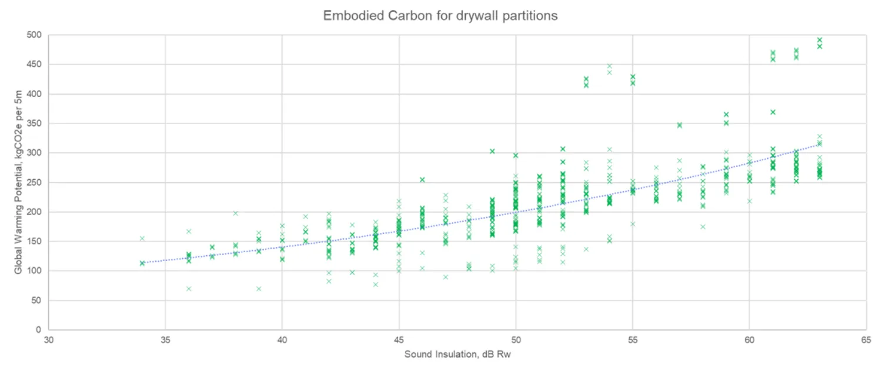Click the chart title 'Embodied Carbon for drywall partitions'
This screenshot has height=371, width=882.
[440, 16]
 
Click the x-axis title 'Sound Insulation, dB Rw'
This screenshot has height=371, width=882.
[457, 355]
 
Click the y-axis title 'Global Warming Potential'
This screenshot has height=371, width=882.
[18, 182]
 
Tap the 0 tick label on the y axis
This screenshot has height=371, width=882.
[38, 330]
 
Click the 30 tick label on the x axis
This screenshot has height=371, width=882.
[48, 340]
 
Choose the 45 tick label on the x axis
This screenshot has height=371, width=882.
[399, 340]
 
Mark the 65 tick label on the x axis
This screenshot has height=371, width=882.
[866, 340]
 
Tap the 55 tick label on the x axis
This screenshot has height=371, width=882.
[633, 340]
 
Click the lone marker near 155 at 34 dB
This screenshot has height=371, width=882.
[142, 238]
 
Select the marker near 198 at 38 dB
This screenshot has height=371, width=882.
[235, 213]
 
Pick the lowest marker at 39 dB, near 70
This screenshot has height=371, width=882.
[259, 289]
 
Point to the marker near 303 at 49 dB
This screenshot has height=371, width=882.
[492, 151]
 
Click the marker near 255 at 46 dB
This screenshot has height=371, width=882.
[422, 179]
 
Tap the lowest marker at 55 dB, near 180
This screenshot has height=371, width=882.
[633, 223]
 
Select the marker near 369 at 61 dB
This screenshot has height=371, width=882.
[773, 112]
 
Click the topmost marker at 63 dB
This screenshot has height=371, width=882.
[819, 40]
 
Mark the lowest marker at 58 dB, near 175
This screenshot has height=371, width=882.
[703, 226]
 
